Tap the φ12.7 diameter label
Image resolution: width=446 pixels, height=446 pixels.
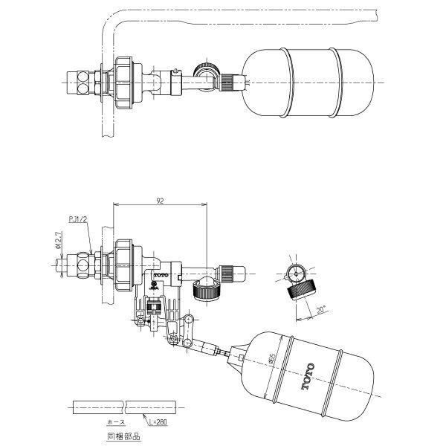(x=59, y=242)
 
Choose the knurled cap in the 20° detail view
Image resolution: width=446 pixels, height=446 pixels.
(x=300, y=287)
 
